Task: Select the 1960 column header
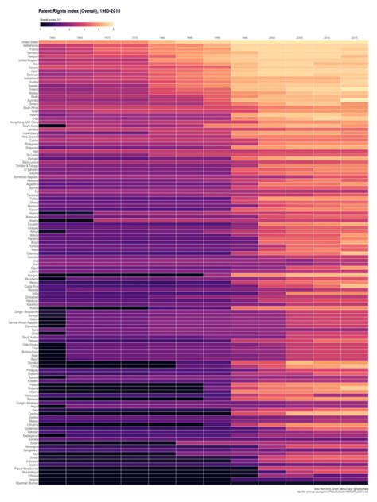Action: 52,37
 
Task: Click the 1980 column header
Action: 161,37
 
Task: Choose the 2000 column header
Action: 271,37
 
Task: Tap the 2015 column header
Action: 354,37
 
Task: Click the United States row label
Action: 29,42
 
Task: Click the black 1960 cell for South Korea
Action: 52,125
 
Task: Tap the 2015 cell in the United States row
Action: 354,42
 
